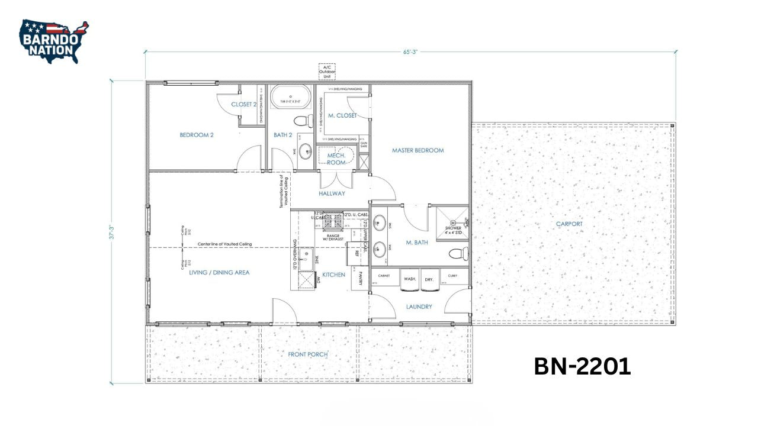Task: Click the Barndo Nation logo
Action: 54,41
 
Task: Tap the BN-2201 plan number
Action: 582,366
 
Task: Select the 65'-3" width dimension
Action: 410,51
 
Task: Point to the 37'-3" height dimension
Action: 111,232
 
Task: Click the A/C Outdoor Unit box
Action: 327,71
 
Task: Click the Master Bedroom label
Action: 417,150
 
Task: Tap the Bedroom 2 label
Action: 197,135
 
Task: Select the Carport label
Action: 569,224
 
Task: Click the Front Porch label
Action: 308,354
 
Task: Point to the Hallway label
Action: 331,193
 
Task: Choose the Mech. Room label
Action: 336,159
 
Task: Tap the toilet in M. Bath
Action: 458,254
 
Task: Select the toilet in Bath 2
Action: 303,121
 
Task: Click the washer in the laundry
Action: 410,282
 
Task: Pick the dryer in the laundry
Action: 429,282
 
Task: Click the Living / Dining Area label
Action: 219,273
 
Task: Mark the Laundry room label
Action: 419,307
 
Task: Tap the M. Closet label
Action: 343,115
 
